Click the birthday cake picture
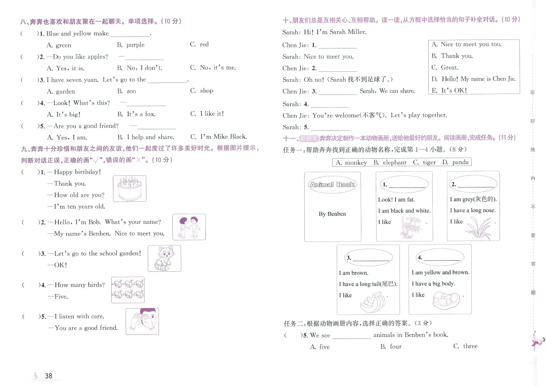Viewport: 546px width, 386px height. click(x=129, y=189)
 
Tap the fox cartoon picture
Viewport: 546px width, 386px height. click(x=164, y=258)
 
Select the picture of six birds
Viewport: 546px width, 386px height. click(x=127, y=289)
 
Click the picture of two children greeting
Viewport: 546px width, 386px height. click(x=189, y=227)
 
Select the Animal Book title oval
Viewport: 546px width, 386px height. click(x=332, y=185)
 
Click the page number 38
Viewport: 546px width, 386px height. click(x=49, y=375)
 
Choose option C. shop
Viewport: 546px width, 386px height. click(x=202, y=91)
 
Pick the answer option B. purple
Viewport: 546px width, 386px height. click(x=130, y=45)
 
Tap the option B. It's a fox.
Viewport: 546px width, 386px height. click(x=136, y=114)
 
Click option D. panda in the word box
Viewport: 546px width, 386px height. click(x=456, y=162)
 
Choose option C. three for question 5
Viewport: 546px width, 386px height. click(x=465, y=346)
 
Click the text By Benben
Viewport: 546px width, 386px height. click(x=332, y=214)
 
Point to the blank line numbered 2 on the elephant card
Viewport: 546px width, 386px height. click(x=475, y=185)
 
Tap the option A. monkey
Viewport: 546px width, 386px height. click(x=351, y=162)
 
